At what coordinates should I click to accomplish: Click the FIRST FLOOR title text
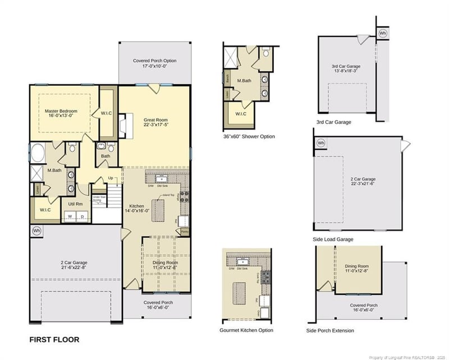click(x=54, y=339)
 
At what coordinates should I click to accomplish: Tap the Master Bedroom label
click(x=61, y=111)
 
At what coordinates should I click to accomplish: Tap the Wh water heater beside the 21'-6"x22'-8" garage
click(x=36, y=230)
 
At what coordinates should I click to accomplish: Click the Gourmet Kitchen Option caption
click(x=246, y=330)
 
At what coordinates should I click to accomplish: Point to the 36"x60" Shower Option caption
click(x=249, y=136)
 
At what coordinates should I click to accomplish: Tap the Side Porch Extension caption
click(x=330, y=330)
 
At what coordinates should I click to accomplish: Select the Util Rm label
click(x=76, y=204)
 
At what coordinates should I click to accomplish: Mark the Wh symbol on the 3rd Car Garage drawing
click(x=383, y=33)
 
